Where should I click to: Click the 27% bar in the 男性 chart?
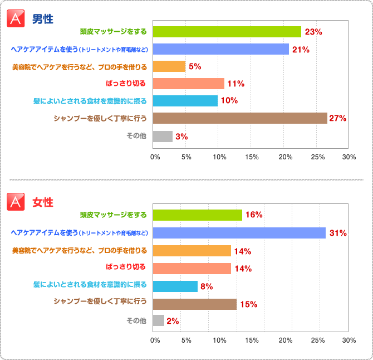[x=239, y=118]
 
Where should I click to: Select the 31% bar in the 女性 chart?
[x=239, y=233]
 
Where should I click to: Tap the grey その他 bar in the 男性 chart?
[x=163, y=136]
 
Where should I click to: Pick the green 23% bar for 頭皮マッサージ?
[x=227, y=32]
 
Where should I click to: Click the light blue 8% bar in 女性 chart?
[x=175, y=286]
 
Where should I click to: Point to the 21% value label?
[x=301, y=50]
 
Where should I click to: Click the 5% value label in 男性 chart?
[x=195, y=66]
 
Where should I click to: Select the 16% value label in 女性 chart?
[x=254, y=215]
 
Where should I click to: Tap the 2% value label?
[x=173, y=321]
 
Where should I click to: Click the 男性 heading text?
[x=43, y=19]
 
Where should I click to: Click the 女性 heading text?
[x=43, y=202]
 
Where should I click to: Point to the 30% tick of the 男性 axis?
[x=349, y=157]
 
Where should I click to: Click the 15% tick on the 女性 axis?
[x=252, y=340]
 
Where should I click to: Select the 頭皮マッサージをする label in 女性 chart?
[x=114, y=215]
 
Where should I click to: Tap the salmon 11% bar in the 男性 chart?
[x=188, y=84]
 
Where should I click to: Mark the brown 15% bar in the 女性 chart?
[x=194, y=304]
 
